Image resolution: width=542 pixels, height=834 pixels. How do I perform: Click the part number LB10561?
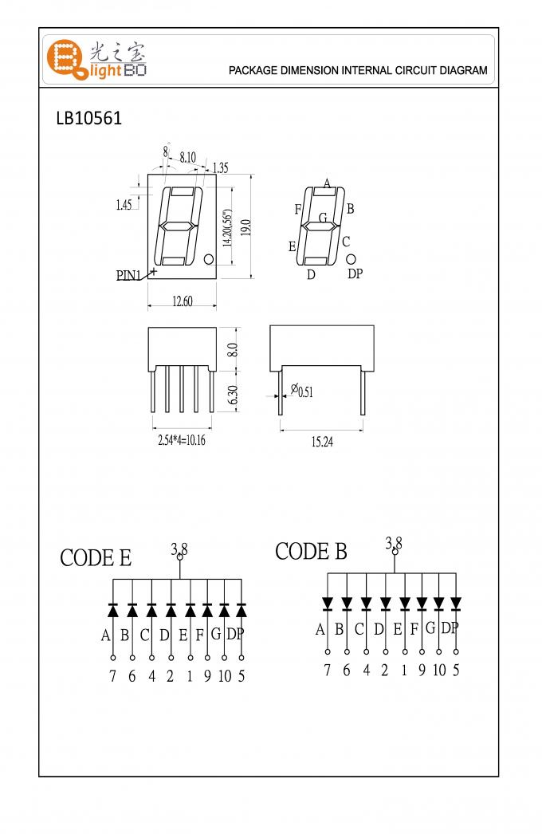(x=88, y=118)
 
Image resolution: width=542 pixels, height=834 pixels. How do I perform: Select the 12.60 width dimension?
(x=182, y=301)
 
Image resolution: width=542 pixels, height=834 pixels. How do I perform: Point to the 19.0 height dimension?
(x=247, y=228)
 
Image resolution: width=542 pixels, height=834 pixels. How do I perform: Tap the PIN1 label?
(x=128, y=276)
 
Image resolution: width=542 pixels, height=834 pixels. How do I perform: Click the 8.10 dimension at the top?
(x=188, y=158)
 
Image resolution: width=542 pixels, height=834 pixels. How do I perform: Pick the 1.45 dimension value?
(x=124, y=205)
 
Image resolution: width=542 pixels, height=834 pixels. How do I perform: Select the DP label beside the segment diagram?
(x=355, y=273)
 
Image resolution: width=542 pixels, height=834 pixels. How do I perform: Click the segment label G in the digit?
(x=323, y=218)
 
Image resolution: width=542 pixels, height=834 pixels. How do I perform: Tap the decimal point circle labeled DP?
(x=351, y=258)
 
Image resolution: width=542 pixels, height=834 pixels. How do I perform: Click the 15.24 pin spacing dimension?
(x=321, y=442)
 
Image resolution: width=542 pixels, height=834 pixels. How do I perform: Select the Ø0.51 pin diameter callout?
(x=302, y=391)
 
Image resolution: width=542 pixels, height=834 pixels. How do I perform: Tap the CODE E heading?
(x=96, y=558)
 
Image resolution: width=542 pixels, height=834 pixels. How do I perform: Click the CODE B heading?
(x=311, y=551)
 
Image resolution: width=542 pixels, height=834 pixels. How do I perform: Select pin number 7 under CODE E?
(x=112, y=677)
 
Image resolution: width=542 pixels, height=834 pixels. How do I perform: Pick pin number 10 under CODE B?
(x=438, y=670)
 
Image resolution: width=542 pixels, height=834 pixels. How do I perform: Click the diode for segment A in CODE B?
(x=328, y=603)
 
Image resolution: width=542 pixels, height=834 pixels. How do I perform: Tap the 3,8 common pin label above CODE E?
(x=179, y=549)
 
